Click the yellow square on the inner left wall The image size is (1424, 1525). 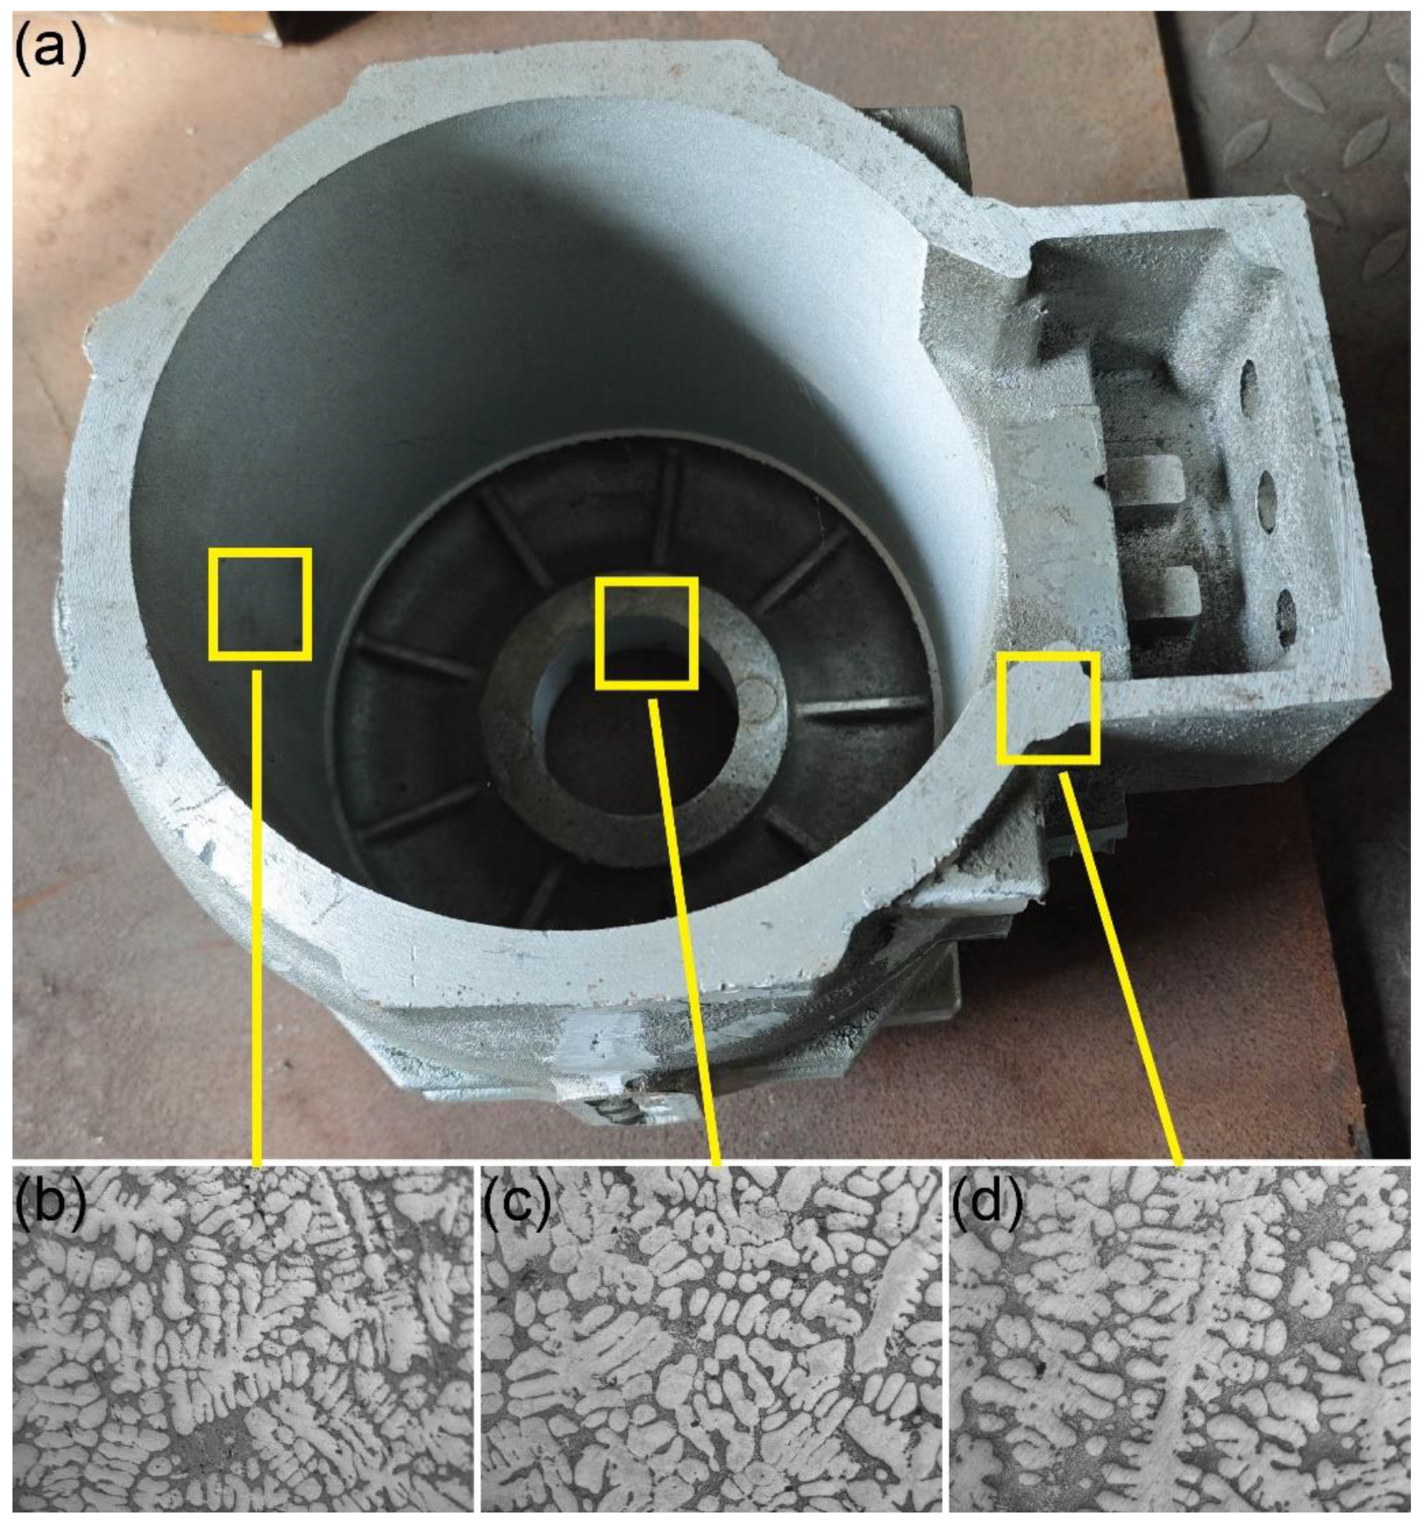(x=260, y=604)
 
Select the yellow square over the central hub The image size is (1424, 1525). (x=646, y=633)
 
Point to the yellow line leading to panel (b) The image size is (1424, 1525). (x=258, y=920)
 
